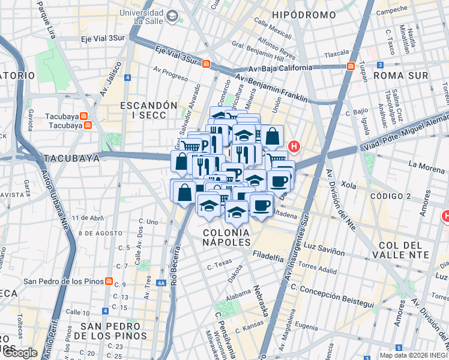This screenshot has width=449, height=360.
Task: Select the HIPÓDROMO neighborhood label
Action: point(304,14)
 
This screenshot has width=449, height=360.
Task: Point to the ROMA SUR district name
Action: point(400,76)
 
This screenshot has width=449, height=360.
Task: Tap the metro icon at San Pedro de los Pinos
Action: point(109,281)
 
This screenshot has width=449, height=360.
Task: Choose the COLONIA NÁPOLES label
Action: point(226,237)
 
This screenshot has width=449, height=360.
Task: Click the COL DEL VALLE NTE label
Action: point(404,250)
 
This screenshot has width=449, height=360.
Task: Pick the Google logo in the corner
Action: point(19,353)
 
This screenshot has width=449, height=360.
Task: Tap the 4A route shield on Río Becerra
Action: point(160,283)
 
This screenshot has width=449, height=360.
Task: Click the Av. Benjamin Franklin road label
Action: point(271,88)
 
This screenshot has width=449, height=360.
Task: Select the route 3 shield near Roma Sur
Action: point(380,65)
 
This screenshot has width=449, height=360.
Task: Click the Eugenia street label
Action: point(306,328)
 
